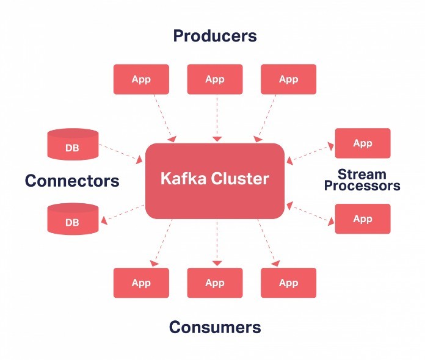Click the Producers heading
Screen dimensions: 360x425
click(x=214, y=35)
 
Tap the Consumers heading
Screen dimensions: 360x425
click(x=214, y=327)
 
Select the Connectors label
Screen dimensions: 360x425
click(x=72, y=181)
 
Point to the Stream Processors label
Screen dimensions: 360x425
click(x=362, y=180)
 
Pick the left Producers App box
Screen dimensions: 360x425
click(x=141, y=79)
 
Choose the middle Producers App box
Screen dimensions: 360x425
click(x=214, y=79)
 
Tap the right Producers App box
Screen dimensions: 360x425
click(x=288, y=79)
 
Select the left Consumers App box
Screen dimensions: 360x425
click(x=141, y=283)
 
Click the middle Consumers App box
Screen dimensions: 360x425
click(x=214, y=283)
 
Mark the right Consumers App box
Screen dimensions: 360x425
click(x=288, y=283)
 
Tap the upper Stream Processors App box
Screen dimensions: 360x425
click(x=362, y=143)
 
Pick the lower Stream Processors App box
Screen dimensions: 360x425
click(x=362, y=218)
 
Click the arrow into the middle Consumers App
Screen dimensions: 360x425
click(x=215, y=243)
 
